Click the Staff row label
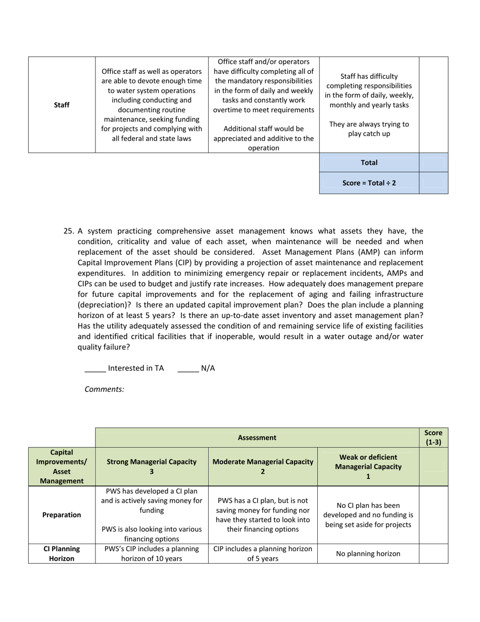pos(62,105)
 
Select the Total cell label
pos(369,163)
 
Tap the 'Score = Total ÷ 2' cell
pos(369,183)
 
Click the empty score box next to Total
pos(434,163)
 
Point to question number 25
pos(69,231)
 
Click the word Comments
pos(104,389)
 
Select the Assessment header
pos(257,438)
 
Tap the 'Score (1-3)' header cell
pos(434,437)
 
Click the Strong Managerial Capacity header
pos(152,466)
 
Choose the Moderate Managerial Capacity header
pos(263,466)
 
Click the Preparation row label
pos(62,515)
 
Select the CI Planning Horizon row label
pos(62,554)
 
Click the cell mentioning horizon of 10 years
pos(152,554)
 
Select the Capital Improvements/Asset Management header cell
pos(62,466)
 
